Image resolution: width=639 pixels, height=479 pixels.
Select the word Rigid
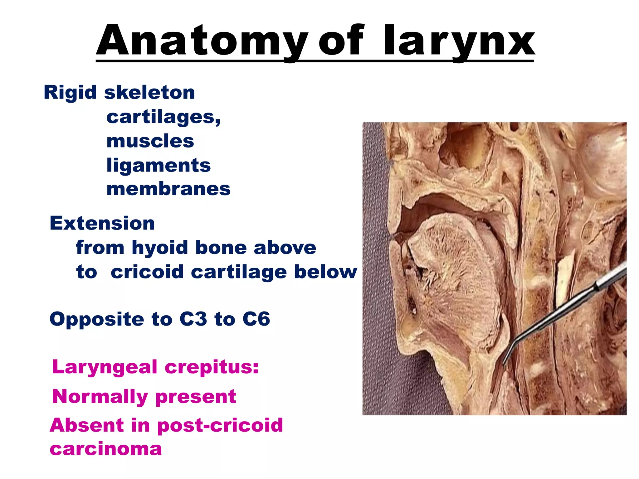point(70,93)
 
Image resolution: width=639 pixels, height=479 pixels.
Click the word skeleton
point(149,93)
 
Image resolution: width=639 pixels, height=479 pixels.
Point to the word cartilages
point(163,118)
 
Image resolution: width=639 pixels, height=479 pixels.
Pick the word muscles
point(150,141)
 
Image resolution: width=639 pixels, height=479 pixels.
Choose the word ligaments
point(159,165)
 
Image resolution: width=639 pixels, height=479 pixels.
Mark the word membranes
point(168,189)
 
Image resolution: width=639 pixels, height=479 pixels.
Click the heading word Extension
point(102,223)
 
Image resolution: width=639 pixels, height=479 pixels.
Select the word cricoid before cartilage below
point(147,272)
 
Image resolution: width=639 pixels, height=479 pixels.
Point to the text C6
point(256,319)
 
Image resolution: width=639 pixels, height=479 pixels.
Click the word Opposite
point(97,320)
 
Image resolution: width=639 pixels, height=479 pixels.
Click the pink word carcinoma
point(106,449)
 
